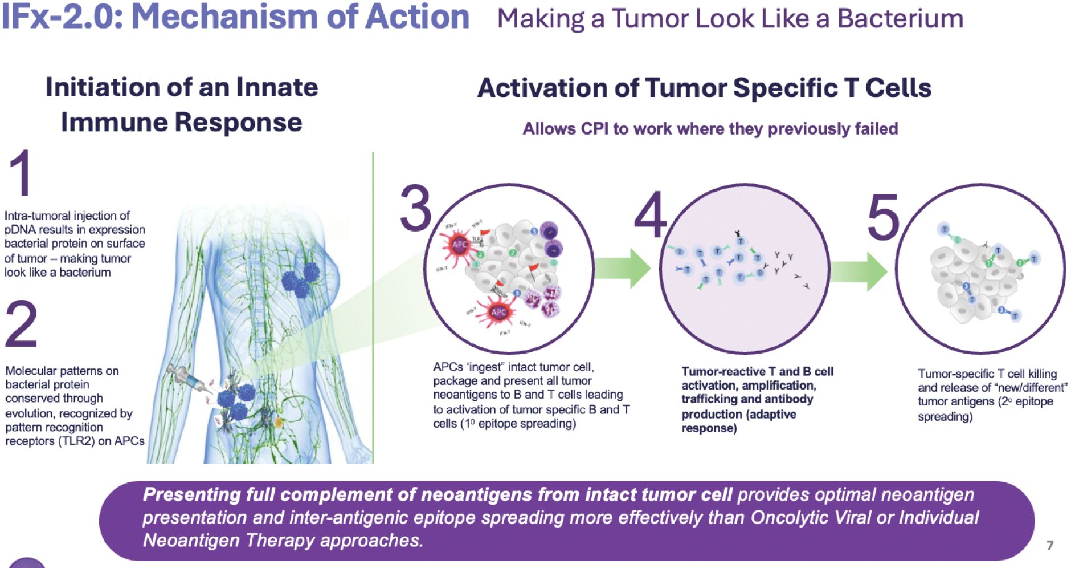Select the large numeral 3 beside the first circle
tap(416, 209)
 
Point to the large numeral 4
tap(651, 214)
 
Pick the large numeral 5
tap(883, 218)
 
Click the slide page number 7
tap(1049, 545)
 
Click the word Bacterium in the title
tap(900, 19)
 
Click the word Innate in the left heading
tap(277, 87)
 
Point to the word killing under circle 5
tap(1042, 374)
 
